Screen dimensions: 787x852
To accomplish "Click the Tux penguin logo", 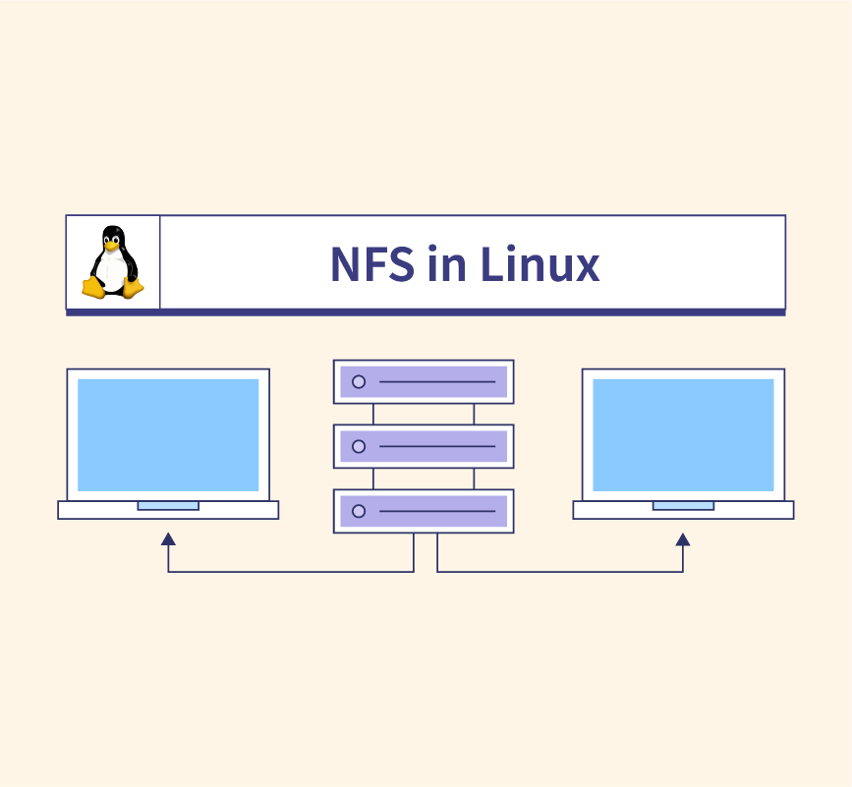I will click(113, 262).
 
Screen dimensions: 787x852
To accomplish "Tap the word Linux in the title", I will click(540, 264).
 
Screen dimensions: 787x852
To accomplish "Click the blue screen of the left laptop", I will click(168, 434).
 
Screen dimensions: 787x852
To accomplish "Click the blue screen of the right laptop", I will click(683, 434).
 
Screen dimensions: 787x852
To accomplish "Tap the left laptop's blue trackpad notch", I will click(168, 506).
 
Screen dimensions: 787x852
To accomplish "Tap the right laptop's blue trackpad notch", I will click(683, 506).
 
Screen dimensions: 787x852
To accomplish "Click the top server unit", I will click(424, 381).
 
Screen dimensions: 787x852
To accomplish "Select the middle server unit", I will click(424, 446).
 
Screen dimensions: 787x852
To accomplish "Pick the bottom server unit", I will click(424, 511).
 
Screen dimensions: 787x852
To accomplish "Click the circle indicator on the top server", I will click(359, 381).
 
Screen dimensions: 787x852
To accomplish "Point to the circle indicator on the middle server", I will click(359, 446).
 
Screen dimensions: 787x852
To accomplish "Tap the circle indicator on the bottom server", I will click(359, 511).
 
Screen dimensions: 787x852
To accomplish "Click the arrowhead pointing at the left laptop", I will click(168, 539).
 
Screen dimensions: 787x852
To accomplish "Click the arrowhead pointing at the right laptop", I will click(683, 539).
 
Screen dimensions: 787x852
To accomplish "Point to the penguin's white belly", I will click(114, 270).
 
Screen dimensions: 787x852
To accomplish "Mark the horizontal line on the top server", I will click(437, 381).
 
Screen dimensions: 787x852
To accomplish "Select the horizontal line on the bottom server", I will click(437, 511).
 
